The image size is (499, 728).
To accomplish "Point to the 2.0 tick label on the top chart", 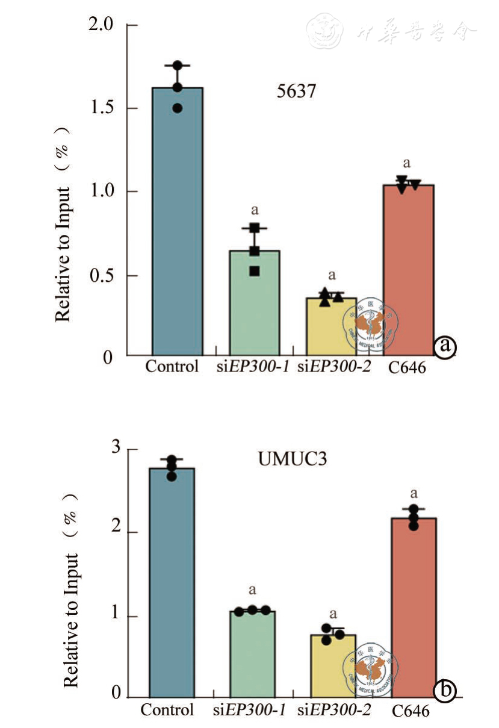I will [101, 25].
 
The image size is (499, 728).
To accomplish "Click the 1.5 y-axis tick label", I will [101, 108].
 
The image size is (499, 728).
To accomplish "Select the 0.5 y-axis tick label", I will [101, 276].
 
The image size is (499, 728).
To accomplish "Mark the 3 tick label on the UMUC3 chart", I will [116, 449].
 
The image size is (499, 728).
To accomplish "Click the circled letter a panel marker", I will [445, 346].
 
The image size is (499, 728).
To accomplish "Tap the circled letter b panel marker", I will [445, 691].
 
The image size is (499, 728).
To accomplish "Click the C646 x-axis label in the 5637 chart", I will [406, 367].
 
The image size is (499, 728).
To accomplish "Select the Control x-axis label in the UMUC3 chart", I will [167, 710].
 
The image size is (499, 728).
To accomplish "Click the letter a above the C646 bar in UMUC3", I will [414, 494].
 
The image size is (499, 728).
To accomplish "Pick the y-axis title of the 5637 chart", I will [63, 223].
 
